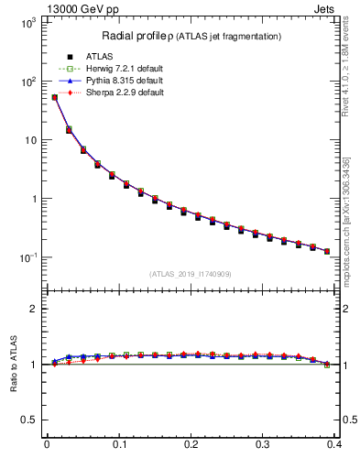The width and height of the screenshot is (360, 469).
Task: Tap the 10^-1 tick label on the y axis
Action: [25, 257]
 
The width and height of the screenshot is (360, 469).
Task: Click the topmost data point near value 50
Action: [54, 97]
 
